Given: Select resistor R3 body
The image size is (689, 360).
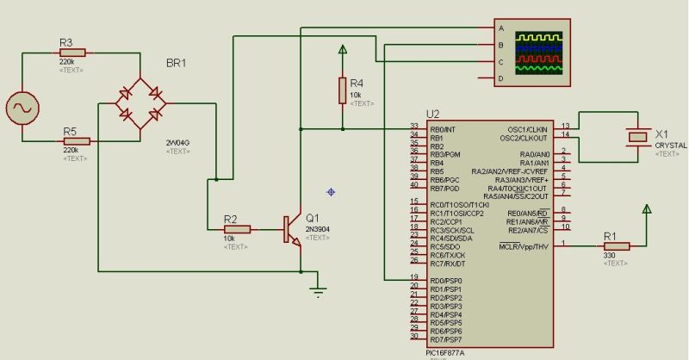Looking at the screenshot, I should coord(73,52).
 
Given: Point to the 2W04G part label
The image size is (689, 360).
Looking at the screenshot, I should coord(178,141).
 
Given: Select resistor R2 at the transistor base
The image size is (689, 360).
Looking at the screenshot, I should coord(236,229).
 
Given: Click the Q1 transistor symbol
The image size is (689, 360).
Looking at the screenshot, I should coord(294,229).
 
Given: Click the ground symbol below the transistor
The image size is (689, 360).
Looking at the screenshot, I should coord(319,291).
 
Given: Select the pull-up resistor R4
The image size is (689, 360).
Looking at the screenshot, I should coord(343,89).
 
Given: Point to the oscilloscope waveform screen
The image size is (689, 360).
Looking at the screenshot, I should coord(538,52).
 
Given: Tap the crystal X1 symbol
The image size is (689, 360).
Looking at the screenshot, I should coord(637,136).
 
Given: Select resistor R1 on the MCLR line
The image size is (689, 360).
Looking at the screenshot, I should coord(617,246).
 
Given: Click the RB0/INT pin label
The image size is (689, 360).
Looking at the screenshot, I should coord(444,128).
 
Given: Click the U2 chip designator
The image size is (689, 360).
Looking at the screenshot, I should coord(433,114).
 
